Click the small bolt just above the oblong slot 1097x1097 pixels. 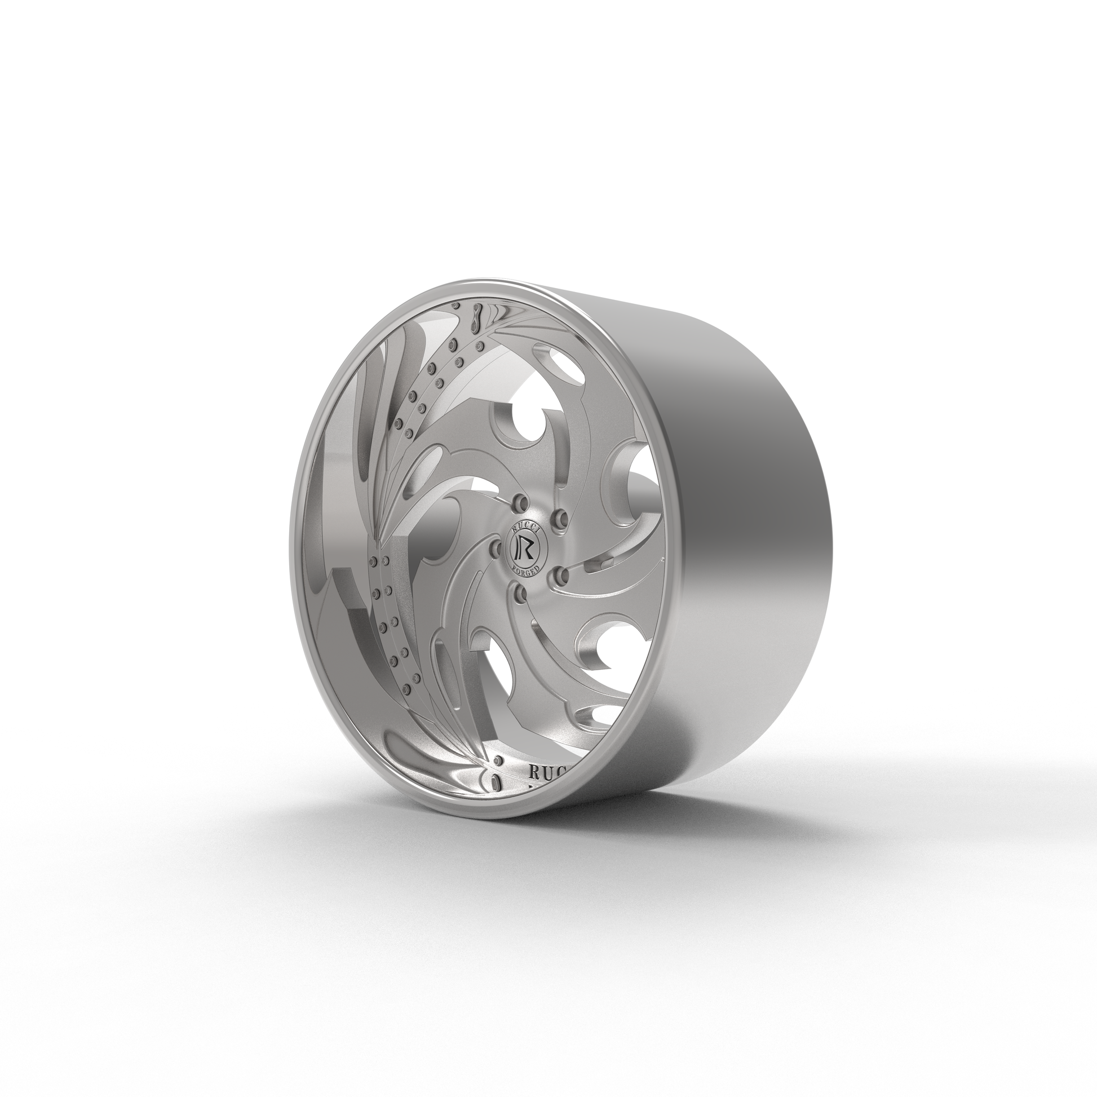pos(499,760)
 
